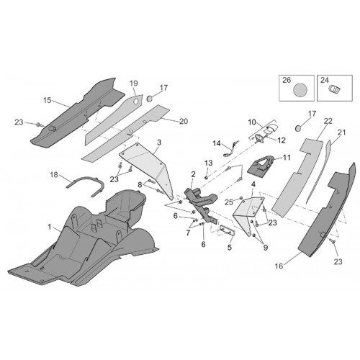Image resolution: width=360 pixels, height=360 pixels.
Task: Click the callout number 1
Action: (50, 227)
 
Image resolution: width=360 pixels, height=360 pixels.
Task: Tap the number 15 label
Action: (48, 100)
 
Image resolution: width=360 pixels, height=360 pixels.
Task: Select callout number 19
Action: (134, 84)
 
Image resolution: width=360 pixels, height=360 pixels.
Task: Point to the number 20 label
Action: (184, 122)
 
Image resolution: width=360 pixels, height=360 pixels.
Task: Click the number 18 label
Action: (54, 175)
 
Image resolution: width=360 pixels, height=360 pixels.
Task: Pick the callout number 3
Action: (159, 143)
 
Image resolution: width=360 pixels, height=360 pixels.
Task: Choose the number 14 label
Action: (217, 143)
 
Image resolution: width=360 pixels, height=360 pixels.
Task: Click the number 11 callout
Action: (287, 158)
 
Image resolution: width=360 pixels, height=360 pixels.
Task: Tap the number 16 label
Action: (279, 266)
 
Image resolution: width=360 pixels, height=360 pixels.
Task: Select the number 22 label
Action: (328, 121)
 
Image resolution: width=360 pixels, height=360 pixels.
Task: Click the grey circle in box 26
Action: (300, 90)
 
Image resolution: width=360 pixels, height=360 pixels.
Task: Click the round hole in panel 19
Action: (136, 102)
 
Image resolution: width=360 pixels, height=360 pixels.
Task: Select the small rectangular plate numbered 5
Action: (228, 230)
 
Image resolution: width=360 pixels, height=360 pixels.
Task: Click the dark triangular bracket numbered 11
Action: (261, 166)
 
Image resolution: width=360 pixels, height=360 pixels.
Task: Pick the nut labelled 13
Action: (206, 177)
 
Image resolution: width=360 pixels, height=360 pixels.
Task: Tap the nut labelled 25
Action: (240, 198)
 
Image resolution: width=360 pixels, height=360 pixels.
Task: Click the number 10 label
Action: (252, 122)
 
